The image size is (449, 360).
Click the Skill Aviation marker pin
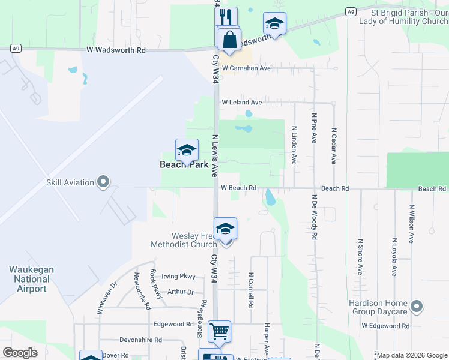tap(103, 182)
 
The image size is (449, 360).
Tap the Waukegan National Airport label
tap(32, 279)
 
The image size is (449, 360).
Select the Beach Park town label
tap(184, 164)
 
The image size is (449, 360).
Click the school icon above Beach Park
tap(187, 150)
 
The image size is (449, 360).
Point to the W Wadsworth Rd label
tap(116, 51)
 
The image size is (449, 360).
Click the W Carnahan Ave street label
tap(246, 68)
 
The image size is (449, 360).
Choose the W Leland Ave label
tap(241, 103)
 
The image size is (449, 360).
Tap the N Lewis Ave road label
tap(214, 155)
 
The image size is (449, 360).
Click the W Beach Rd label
tap(238, 188)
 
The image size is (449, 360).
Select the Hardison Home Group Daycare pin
tap(417, 307)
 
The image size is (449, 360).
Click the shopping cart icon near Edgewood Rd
tap(219, 331)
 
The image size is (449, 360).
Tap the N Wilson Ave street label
tap(411, 224)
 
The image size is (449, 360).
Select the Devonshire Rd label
tap(140, 340)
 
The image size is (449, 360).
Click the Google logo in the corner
tap(20, 353)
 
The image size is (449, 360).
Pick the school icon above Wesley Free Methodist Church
tap(225, 229)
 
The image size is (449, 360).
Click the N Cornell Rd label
tap(250, 290)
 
